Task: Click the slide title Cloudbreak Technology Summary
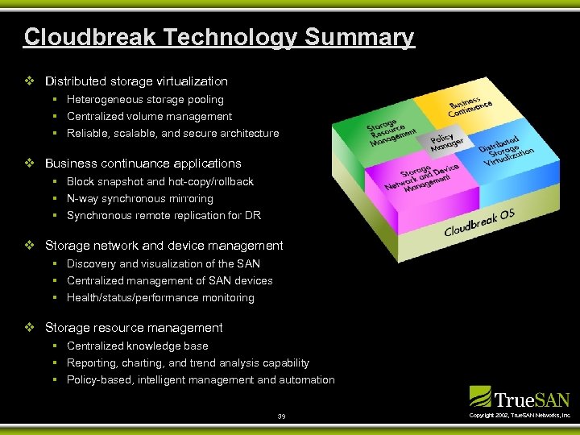(x=219, y=37)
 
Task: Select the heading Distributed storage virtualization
(x=136, y=81)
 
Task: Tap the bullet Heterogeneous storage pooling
(x=145, y=100)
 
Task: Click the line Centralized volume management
(x=149, y=117)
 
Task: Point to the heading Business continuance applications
(x=143, y=164)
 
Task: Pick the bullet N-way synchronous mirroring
(x=139, y=199)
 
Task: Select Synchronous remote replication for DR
(x=164, y=216)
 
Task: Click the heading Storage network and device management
(x=164, y=246)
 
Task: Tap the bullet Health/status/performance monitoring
(x=160, y=298)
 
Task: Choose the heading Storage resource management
(x=134, y=328)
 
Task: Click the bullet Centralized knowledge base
(x=137, y=346)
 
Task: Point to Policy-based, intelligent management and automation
(x=201, y=380)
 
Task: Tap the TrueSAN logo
(x=520, y=398)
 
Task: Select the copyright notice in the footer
(x=520, y=416)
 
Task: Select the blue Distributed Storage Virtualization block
(x=506, y=150)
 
